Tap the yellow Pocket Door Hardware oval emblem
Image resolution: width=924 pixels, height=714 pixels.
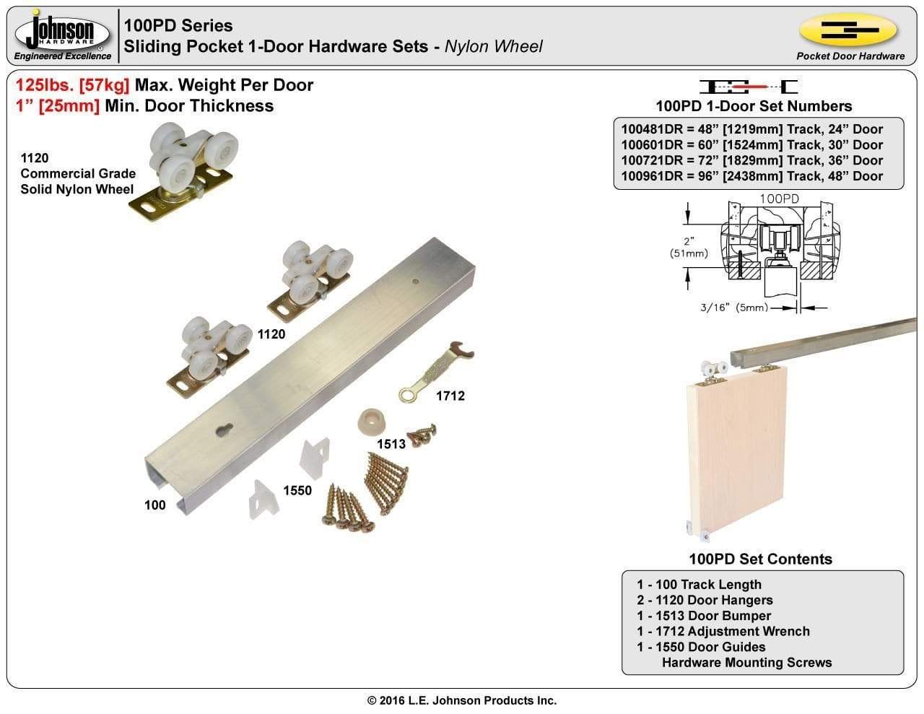pos(849,31)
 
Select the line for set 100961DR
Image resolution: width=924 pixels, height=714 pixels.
pos(751,176)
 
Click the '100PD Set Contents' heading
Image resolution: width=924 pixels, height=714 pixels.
pos(760,559)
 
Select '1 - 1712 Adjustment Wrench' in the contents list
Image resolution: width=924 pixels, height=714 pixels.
pos(723,631)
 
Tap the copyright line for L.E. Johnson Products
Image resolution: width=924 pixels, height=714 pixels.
pos(462,700)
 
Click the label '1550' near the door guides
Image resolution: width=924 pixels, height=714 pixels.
pos(297,490)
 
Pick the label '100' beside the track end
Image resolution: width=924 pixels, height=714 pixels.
pos(155,505)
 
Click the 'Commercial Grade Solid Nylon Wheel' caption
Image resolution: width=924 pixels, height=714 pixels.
pos(77,181)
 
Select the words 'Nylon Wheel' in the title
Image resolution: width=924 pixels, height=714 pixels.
pos(493,47)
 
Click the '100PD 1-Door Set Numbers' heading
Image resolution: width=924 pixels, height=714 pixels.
pos(754,106)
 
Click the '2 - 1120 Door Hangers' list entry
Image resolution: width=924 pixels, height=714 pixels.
pos(705,600)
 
